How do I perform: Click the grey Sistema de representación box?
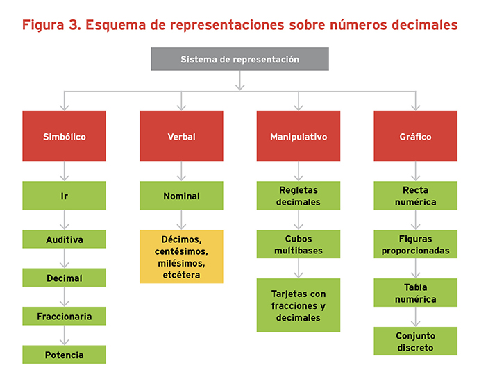(239, 59)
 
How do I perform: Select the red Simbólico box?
(64, 136)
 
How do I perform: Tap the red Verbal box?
(181, 136)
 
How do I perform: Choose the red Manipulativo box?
(299, 136)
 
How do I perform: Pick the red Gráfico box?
(415, 136)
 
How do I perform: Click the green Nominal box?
(181, 196)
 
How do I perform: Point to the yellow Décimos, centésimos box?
(181, 257)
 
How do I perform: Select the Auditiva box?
(64, 239)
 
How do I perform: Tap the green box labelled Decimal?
(64, 278)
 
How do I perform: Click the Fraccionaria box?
(64, 316)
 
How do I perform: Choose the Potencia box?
(64, 355)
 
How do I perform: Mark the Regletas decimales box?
(299, 196)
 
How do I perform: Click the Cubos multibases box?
(299, 244)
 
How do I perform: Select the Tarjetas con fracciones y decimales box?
(299, 305)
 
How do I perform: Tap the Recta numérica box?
(415, 196)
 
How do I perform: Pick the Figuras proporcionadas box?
(415, 244)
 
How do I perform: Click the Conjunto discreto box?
(415, 341)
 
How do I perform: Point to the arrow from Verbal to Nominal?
(181, 171)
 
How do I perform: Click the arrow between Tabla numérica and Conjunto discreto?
(415, 317)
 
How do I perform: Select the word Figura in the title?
(43, 26)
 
